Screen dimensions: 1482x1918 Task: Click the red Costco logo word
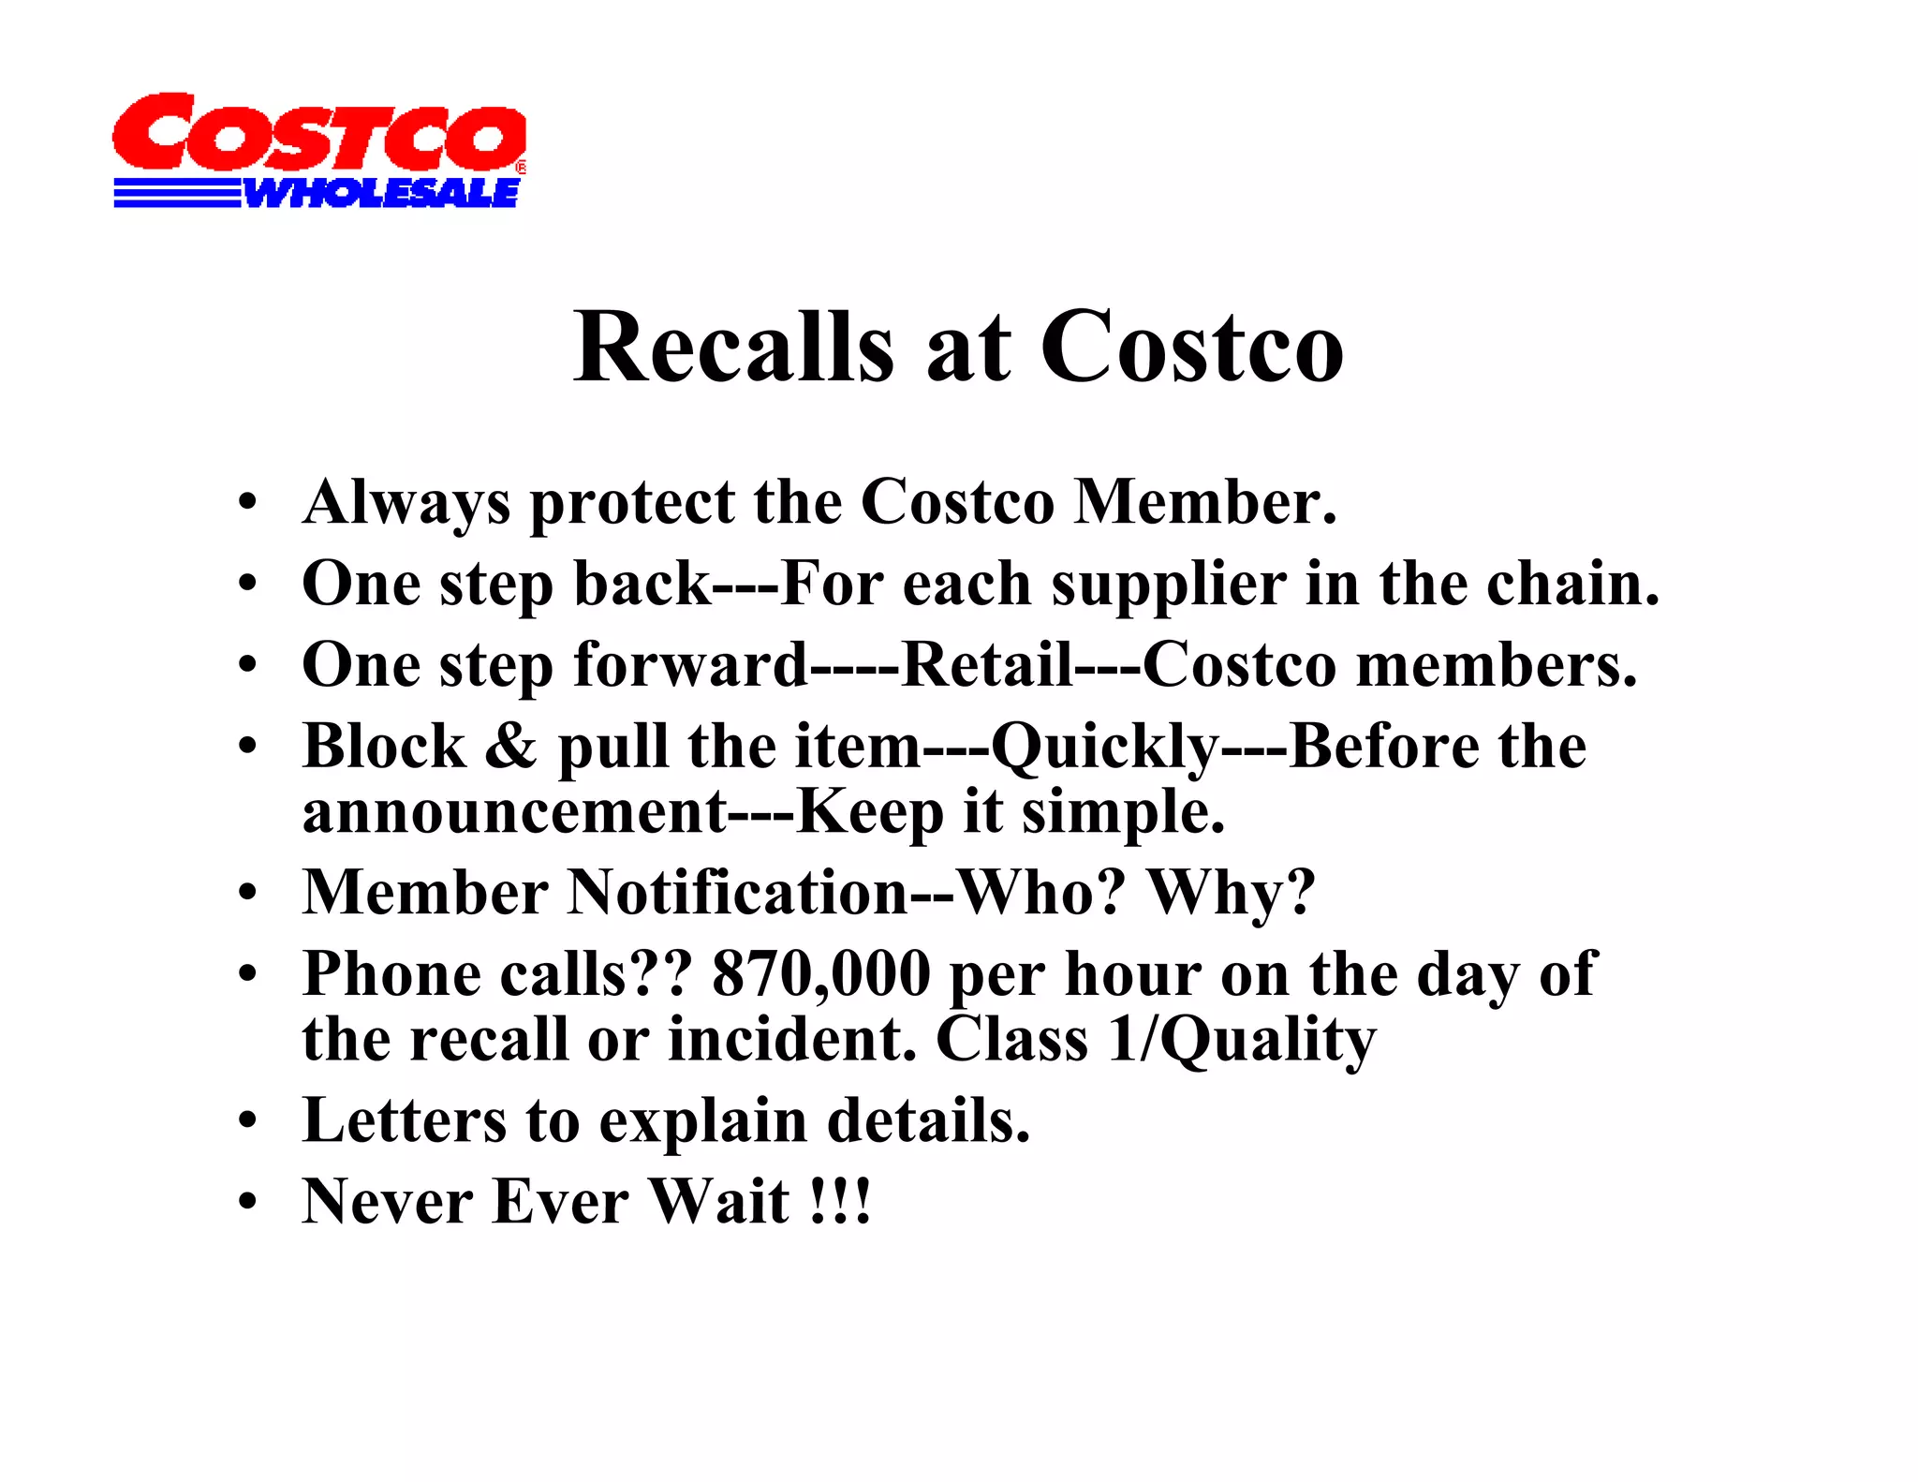point(318,133)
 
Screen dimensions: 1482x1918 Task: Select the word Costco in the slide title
point(1191,348)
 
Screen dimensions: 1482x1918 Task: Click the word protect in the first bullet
point(633,504)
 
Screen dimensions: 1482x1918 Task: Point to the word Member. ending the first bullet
point(1205,502)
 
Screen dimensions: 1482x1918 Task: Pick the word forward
point(690,665)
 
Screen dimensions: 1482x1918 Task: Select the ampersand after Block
point(511,747)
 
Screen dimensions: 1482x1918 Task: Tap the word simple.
point(1123,812)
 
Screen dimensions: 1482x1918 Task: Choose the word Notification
point(738,892)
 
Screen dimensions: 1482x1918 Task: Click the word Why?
point(1232,892)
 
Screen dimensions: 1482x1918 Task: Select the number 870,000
point(821,974)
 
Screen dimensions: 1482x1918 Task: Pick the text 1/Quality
point(1242,1040)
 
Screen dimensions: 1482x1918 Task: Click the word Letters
point(404,1120)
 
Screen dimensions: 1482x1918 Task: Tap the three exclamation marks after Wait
point(840,1202)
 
